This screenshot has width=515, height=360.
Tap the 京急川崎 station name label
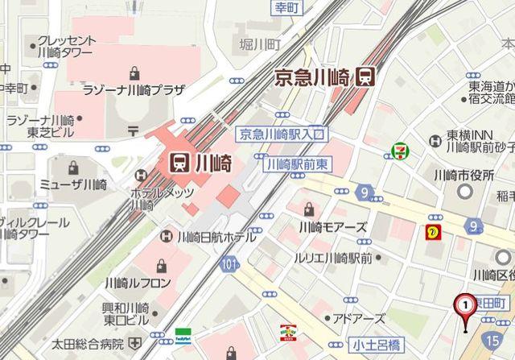pos(312,77)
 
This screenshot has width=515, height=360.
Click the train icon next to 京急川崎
pos(365,77)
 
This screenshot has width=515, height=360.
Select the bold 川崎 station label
pos(212,163)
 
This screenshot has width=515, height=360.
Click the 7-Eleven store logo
pos(398,150)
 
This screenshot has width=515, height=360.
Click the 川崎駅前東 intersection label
pos(297,163)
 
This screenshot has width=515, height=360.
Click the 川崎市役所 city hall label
pos(463,175)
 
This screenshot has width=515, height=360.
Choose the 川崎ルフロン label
pos(138,282)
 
